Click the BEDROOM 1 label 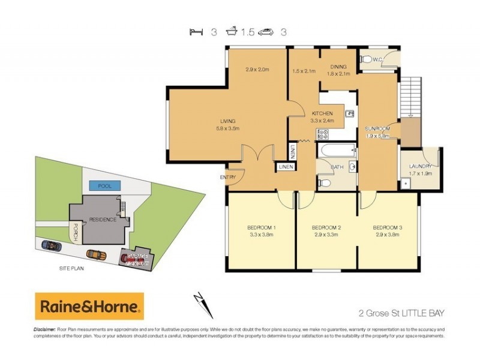261,227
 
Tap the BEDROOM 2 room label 327,227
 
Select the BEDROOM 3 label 387,227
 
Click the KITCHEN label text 322,113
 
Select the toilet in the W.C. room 366,59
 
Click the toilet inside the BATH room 324,181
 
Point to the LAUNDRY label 420,166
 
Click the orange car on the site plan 95,254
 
